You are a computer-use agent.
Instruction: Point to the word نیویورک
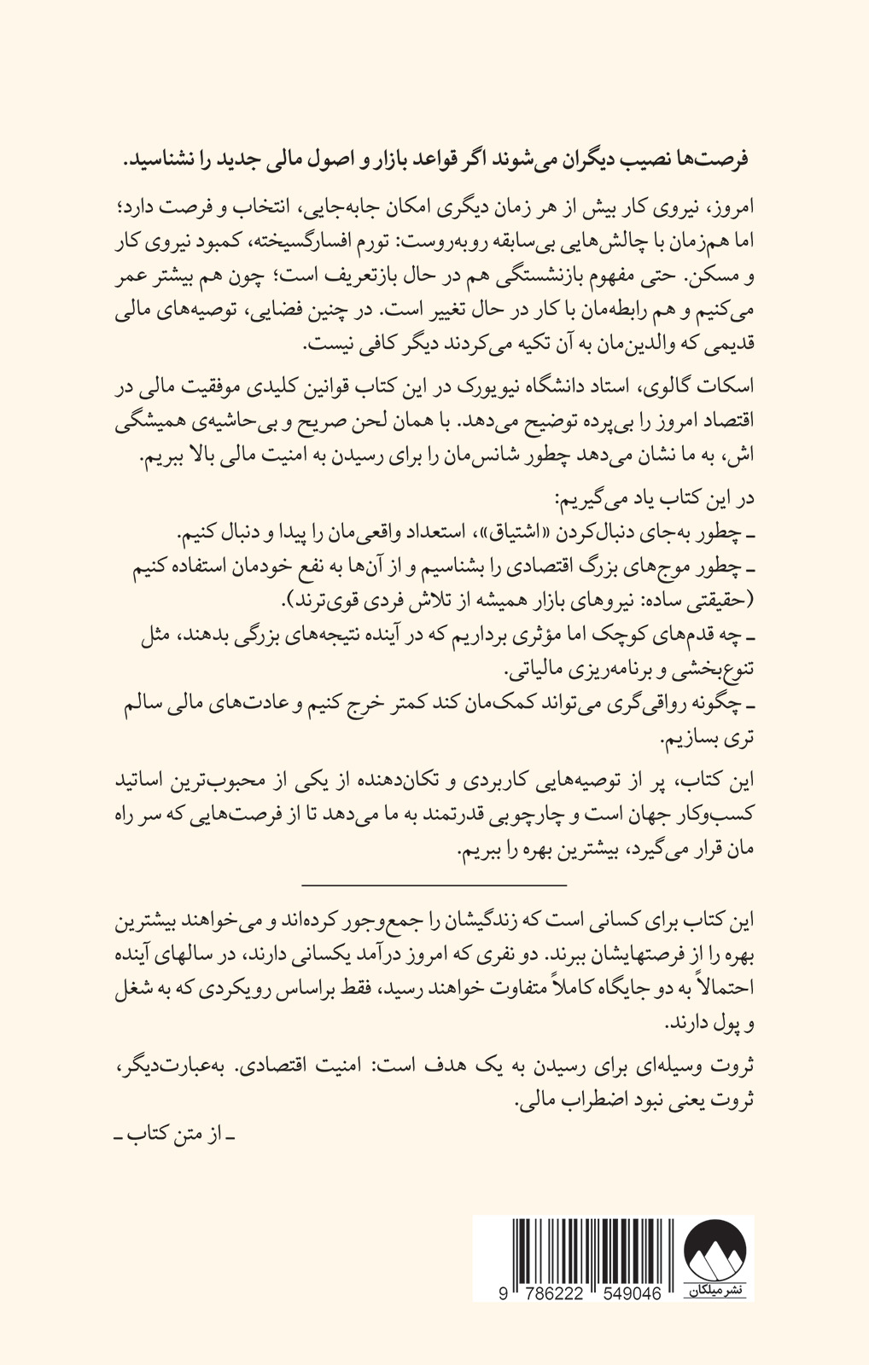tap(458, 388)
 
